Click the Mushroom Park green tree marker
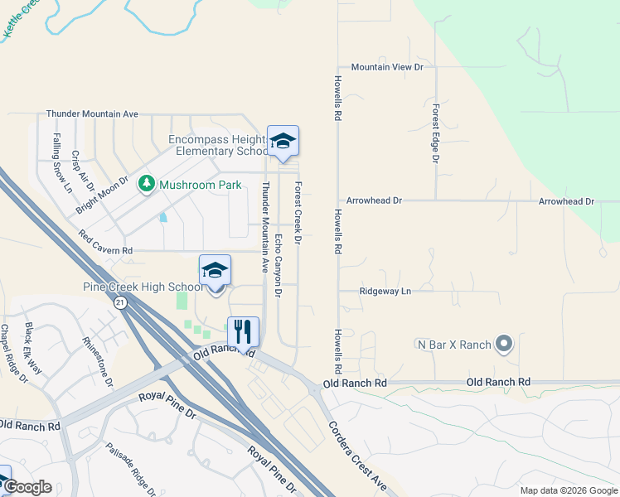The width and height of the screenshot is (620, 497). (x=147, y=183)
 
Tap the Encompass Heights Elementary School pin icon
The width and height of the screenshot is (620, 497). (x=283, y=142)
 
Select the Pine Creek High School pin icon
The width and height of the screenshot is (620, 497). (x=215, y=272)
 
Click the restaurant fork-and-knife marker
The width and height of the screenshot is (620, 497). (x=243, y=333)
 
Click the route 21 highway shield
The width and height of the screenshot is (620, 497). (x=120, y=303)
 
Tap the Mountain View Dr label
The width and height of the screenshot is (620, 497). (x=386, y=66)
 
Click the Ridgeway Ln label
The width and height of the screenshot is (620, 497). (x=385, y=292)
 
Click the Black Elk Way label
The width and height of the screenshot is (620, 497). (x=38, y=347)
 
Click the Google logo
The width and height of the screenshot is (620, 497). (x=27, y=488)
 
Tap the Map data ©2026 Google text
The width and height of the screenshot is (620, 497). (x=569, y=490)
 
